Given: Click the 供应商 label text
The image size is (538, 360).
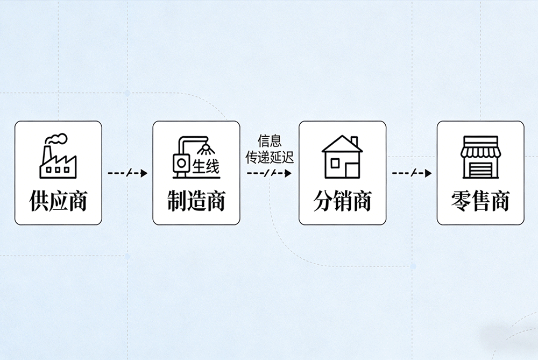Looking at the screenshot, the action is point(58,201).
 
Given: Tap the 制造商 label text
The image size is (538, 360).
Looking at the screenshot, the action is point(196,201).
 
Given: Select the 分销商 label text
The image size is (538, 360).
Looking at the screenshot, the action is point(342,201).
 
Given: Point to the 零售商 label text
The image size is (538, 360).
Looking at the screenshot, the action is point(480,201).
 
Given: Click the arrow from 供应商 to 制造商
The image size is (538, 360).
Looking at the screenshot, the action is point(128,173).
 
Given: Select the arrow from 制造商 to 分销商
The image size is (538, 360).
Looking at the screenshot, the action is point(269,173).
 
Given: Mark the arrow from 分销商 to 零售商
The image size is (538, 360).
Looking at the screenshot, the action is point(412,173).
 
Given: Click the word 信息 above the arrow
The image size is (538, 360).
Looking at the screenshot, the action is point(270,142).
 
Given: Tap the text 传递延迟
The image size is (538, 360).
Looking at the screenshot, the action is point(270,158).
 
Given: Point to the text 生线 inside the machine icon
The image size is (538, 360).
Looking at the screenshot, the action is point(206,166).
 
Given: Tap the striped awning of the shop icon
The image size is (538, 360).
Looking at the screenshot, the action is point(480,147).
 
